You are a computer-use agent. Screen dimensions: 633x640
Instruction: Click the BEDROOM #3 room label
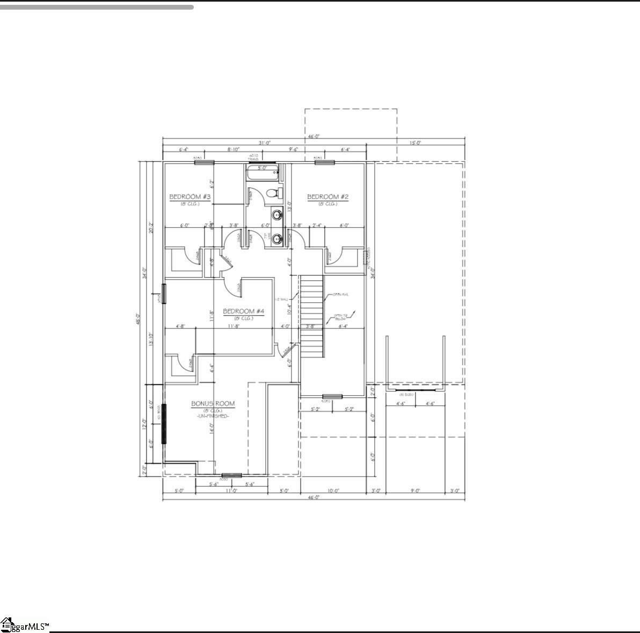[190, 197]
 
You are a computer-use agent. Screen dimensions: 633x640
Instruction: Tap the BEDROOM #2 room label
[328, 197]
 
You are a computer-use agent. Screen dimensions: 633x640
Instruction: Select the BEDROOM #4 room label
[244, 311]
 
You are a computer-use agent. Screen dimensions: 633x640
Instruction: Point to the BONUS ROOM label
[213, 404]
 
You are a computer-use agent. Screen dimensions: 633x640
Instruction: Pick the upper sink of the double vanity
[277, 216]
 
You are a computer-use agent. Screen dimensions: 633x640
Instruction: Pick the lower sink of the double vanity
[277, 238]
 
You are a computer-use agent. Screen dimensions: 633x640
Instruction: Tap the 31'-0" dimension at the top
[265, 143]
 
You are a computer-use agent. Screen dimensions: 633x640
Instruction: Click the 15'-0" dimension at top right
[416, 143]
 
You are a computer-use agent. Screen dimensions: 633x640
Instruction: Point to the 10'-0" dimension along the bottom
[333, 490]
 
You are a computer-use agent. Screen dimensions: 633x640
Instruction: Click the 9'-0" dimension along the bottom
[416, 490]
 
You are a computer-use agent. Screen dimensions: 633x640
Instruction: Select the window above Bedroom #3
[204, 162]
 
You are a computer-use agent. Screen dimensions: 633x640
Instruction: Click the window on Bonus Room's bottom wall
[231, 475]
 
